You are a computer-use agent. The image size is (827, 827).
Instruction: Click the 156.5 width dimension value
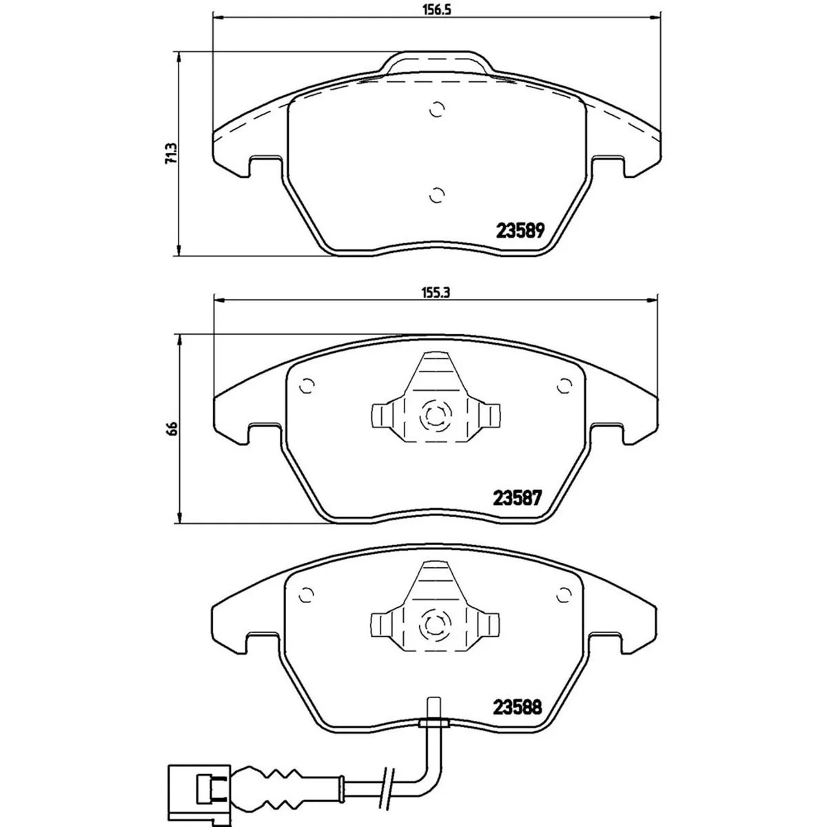point(436,10)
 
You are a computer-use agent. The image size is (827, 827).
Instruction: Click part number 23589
point(520,232)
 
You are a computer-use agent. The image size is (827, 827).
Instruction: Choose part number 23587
point(518,498)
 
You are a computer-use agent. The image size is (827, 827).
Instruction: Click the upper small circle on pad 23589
point(436,110)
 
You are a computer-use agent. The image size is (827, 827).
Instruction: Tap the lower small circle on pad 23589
point(436,195)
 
